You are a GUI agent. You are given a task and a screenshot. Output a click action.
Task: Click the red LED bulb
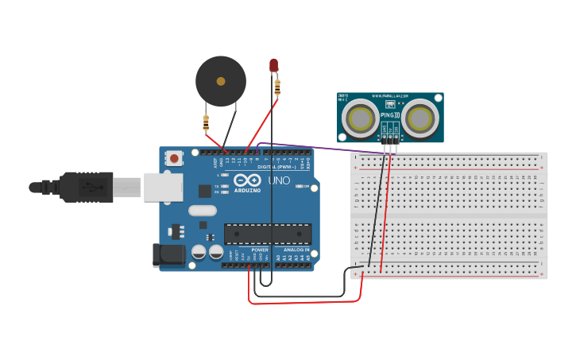tap(273, 65)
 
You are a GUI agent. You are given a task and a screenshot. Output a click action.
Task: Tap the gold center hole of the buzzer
tap(221, 80)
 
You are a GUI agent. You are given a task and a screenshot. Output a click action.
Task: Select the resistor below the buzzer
tap(206, 122)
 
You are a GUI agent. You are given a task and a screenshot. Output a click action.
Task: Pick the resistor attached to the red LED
tap(277, 87)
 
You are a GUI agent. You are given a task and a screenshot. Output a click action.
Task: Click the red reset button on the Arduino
tap(174, 159)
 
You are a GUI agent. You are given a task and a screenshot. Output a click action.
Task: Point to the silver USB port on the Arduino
tap(163, 188)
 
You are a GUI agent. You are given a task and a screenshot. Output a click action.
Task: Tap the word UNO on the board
tap(280, 180)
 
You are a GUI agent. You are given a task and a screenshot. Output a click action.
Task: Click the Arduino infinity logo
tap(249, 180)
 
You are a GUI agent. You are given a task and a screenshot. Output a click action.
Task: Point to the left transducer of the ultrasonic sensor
tap(361, 118)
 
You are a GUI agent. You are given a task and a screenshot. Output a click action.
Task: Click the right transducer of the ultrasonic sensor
tap(419, 118)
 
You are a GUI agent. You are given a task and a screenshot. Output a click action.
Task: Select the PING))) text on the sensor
tap(390, 116)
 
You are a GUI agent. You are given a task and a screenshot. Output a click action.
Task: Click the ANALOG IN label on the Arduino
tap(293, 250)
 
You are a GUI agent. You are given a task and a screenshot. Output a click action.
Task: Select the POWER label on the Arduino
tap(259, 250)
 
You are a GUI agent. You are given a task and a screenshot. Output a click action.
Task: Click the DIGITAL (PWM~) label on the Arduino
tap(276, 167)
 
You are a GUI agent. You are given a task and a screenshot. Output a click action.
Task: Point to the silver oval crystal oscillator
tap(202, 211)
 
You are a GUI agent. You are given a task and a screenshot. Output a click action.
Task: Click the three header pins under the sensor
tap(389, 141)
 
